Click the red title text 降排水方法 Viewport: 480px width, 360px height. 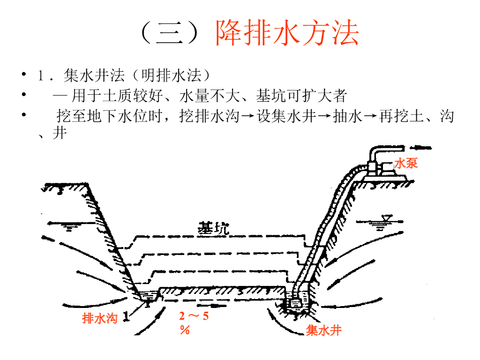[287, 33]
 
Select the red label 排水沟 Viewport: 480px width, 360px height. [99, 318]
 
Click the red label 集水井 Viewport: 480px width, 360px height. [323, 330]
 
